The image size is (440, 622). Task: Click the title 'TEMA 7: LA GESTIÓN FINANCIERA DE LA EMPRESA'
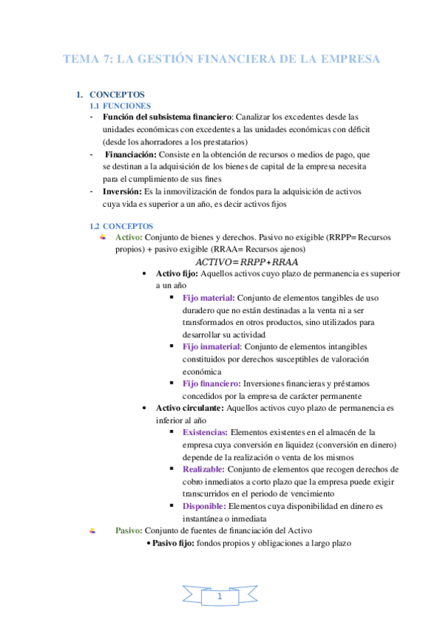pos(221,59)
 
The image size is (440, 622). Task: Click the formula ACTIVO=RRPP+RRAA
pos(246,262)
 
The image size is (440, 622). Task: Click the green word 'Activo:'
pos(129,238)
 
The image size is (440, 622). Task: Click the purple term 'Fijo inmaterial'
pos(211,346)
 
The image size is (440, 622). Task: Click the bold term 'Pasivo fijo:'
pos(174,543)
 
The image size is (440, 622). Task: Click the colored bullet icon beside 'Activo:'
pos(103,237)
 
